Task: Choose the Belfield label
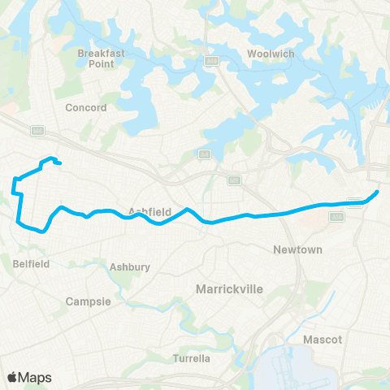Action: click(32, 263)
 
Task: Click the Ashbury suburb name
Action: click(129, 266)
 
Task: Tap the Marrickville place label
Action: click(228, 288)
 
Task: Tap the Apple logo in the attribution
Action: click(11, 377)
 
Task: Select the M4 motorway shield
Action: click(37, 129)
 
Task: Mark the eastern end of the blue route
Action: click(377, 192)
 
